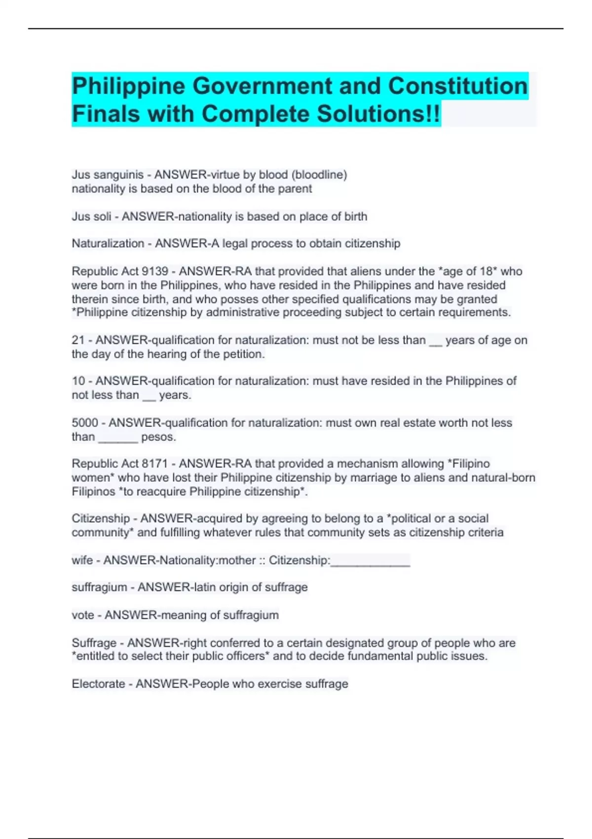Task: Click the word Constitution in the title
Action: [x=458, y=86]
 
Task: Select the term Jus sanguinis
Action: [x=108, y=175]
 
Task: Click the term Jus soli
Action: [x=91, y=217]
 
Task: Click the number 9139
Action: [x=155, y=271]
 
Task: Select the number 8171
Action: [x=155, y=464]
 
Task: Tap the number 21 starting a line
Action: [x=78, y=341]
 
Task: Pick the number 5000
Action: [x=85, y=423]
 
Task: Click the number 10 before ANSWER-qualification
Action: [x=78, y=381]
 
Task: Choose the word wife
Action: [x=82, y=561]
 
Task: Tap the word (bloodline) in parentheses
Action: [x=319, y=175]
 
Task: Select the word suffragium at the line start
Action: [x=99, y=588]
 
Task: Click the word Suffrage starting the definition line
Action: [x=94, y=643]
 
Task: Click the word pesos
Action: [x=158, y=437]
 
